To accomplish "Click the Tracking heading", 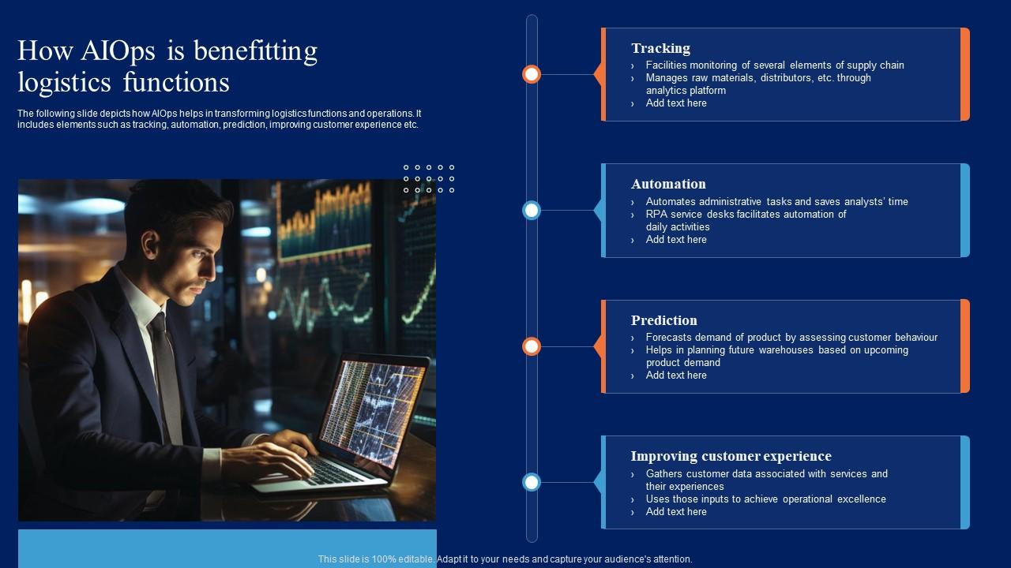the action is [661, 48].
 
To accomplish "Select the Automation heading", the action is [668, 184].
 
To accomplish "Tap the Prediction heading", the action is [664, 320].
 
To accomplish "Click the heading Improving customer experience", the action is [731, 456].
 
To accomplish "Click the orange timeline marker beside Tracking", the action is [532, 74].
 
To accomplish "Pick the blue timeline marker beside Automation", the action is [532, 211].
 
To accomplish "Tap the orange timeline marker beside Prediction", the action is [532, 346].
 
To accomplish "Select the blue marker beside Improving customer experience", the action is [532, 482].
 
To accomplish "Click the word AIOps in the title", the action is [118, 51].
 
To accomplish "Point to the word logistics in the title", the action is [64, 83].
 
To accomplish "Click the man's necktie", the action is [166, 374].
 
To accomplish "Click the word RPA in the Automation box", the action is [656, 214].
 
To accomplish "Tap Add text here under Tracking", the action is [676, 103].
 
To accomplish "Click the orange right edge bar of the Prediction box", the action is [965, 346].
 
